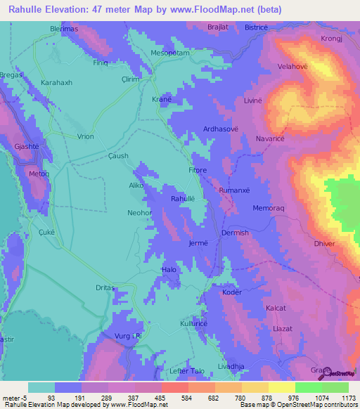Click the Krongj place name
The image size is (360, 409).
[330, 39]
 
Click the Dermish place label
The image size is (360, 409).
[235, 233]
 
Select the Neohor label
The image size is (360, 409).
[139, 212]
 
